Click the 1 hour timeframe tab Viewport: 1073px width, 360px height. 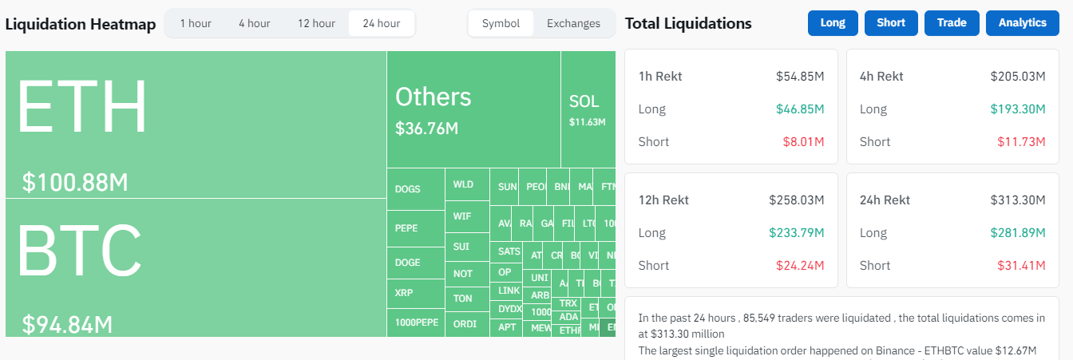196,23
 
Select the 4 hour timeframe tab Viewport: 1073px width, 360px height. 254,23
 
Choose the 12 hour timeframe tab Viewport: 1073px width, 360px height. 316,23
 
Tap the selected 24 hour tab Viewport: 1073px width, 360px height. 381,23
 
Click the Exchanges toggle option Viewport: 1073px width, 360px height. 573,23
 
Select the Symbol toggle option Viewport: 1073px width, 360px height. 501,23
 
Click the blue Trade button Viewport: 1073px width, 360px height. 952,23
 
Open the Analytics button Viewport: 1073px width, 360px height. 1023,23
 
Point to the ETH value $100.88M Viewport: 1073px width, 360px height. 75,183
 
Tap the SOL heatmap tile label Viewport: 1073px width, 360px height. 584,101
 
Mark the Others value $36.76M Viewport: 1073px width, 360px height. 426,129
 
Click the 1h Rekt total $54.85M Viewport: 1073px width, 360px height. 800,77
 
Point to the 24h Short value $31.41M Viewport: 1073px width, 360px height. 1021,265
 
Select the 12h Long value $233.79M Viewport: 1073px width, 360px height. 797,233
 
